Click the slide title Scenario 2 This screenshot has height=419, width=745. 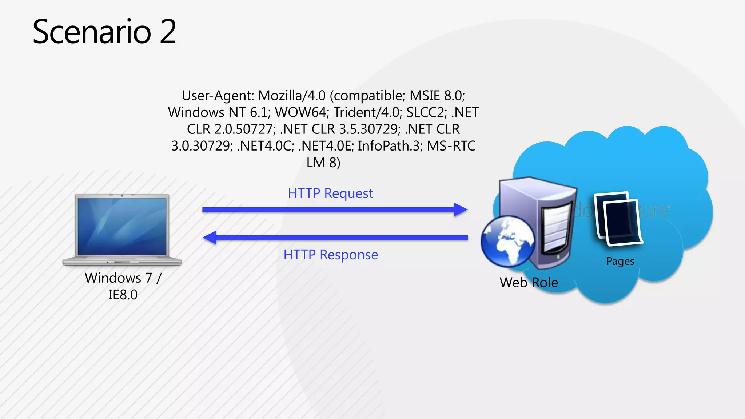pos(104,32)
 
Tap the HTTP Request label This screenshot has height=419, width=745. pos(330,193)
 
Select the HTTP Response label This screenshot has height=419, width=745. pos(331,255)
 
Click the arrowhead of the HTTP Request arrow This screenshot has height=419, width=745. pos(461,209)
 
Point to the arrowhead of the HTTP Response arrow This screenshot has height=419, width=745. pos(210,238)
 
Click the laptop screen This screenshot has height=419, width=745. pos(122,226)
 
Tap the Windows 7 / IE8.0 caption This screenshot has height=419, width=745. pos(123,286)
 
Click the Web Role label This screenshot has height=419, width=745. pos(529,283)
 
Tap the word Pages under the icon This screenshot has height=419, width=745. pos(620,261)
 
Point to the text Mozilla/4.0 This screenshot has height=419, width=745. pos(292,96)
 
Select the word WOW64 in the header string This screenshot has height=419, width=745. pos(302,112)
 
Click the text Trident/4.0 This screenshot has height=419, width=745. pos(367,112)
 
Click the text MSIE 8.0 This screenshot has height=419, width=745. pos(437,96)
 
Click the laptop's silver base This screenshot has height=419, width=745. pos(122,262)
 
